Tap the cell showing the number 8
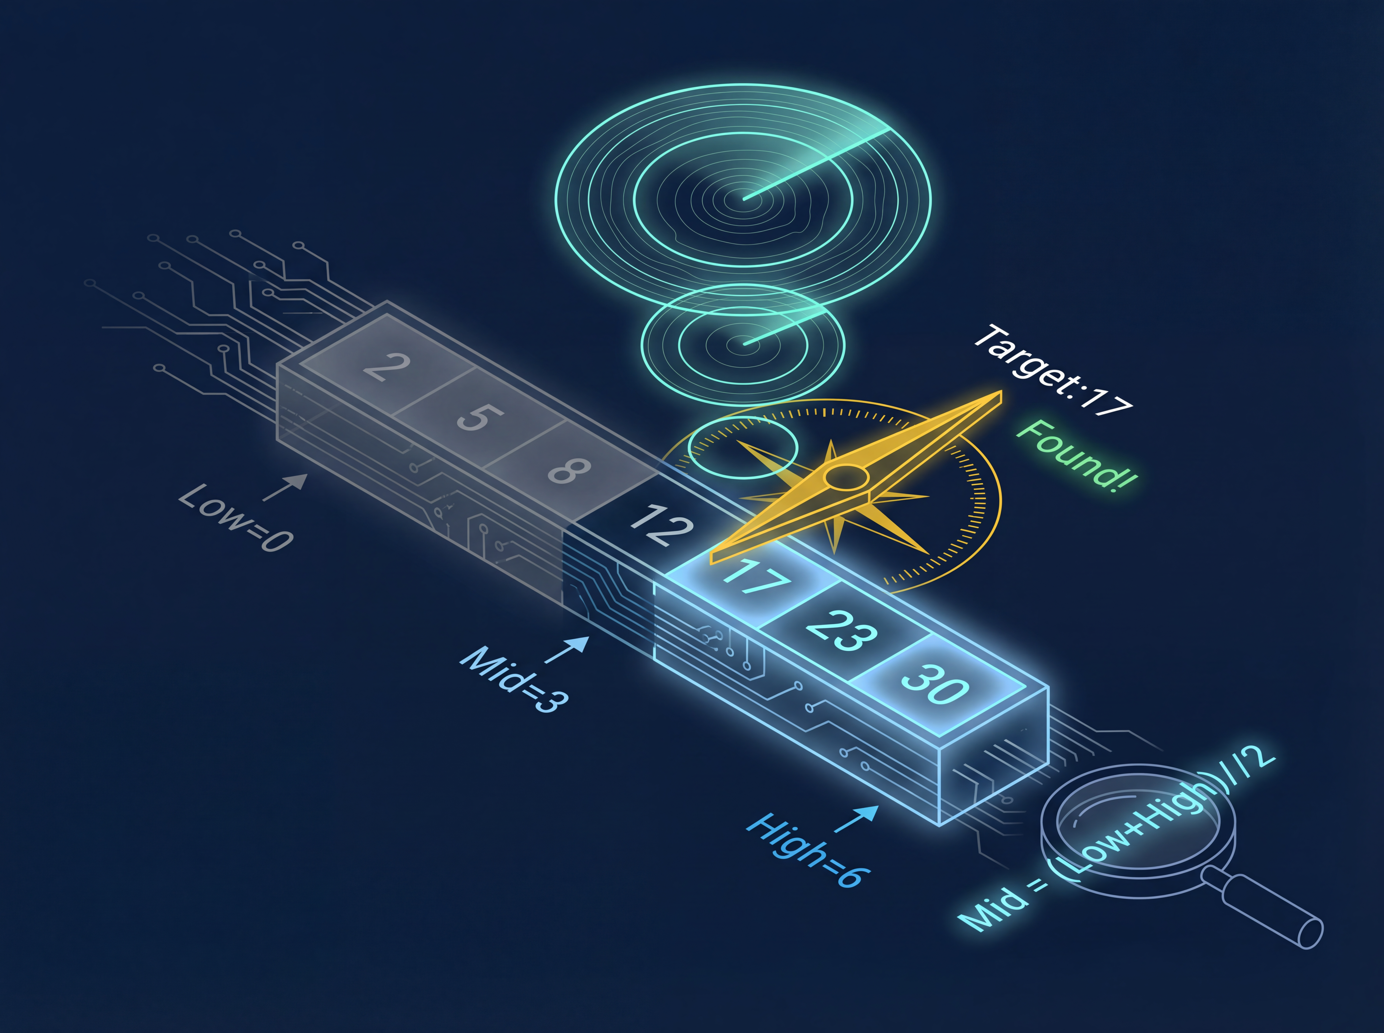(x=569, y=470)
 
